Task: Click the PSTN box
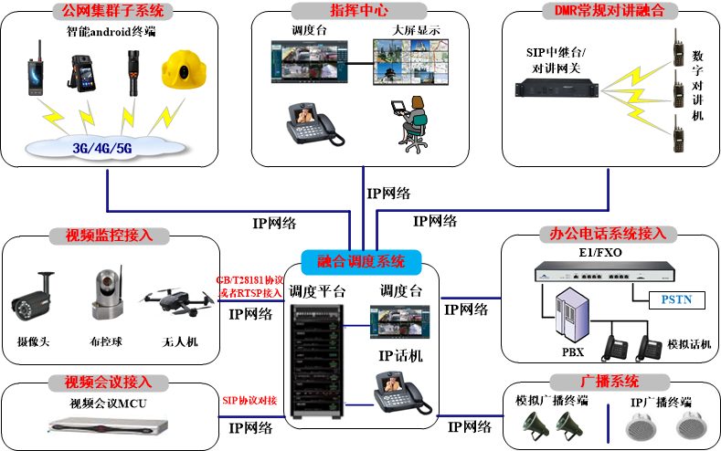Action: [677, 299]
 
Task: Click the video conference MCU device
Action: [111, 424]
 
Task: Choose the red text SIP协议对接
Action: [249, 401]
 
